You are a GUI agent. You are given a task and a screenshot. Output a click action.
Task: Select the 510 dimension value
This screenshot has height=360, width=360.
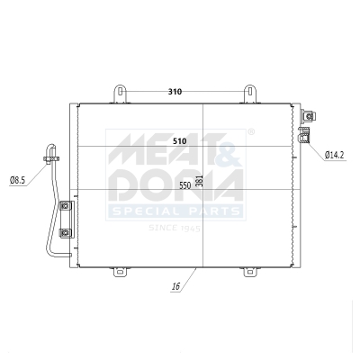179,141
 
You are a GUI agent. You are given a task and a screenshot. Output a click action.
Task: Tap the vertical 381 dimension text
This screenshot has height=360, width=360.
200,180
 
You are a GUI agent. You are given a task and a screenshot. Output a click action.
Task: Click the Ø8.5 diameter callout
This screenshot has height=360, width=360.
17,180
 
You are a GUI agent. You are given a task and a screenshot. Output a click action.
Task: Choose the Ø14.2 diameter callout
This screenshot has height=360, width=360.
337,155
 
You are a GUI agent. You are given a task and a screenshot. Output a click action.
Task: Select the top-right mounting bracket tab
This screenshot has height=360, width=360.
252,94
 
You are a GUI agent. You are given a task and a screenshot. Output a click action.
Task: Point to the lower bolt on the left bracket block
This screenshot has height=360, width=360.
64,233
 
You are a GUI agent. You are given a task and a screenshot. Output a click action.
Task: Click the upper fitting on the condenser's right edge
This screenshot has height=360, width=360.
308,116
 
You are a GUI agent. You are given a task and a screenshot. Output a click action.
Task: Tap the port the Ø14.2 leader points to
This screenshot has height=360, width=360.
304,136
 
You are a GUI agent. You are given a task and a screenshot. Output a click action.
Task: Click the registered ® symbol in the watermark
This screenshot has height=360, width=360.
250,132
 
